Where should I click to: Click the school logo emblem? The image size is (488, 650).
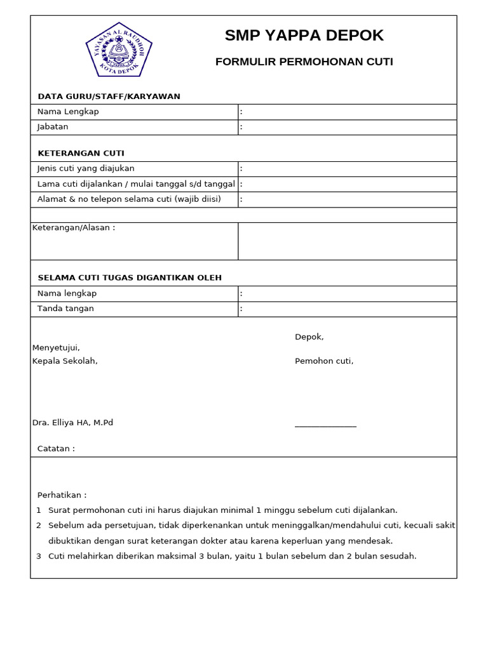pos(119,50)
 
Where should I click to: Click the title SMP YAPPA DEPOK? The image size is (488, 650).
pos(304,36)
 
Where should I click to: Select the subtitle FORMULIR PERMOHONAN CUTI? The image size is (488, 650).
pos(304,62)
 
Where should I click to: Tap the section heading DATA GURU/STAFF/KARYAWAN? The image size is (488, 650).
pos(109,96)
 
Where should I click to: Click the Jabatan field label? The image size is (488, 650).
pos(53,127)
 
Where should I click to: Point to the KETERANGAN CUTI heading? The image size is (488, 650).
pos(81,154)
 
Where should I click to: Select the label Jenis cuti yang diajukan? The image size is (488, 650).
pos(86,169)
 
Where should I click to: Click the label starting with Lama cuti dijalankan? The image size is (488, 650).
pos(136,184)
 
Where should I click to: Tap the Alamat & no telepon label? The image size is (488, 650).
pos(129,199)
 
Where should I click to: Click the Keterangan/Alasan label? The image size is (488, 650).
pos(74,228)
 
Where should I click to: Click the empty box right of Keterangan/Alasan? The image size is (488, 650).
pos(347,241)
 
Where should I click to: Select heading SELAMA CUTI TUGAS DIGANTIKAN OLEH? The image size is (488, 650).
pos(130,278)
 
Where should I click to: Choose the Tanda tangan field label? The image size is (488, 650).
pos(65,308)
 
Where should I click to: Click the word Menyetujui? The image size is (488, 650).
pos(56,348)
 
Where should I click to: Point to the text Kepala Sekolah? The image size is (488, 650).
pos(65,361)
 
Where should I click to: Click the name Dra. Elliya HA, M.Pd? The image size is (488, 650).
pos(72,423)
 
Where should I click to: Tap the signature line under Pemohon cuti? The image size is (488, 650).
pos(325,427)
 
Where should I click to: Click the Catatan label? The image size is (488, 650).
pos(56,449)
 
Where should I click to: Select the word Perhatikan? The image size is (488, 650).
pos(62,495)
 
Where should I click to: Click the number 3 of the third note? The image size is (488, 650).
pos(39,556)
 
